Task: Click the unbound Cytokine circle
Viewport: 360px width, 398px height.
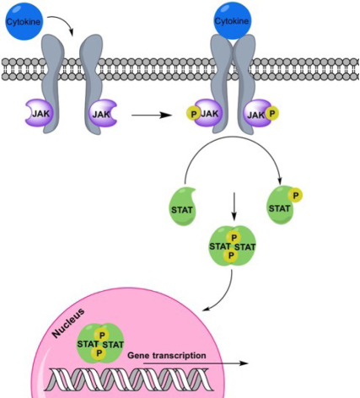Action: click(23, 21)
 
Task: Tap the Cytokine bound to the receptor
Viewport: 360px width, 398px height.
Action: click(232, 20)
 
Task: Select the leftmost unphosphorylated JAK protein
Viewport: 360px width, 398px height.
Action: click(39, 113)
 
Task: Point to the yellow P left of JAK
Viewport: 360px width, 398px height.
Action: click(194, 114)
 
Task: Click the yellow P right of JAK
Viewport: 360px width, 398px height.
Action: click(272, 114)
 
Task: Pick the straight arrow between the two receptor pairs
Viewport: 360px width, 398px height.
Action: click(152, 115)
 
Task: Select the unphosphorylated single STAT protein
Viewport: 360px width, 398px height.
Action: click(183, 207)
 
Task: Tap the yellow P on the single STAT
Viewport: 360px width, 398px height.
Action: click(296, 196)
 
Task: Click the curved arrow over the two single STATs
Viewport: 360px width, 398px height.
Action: click(233, 137)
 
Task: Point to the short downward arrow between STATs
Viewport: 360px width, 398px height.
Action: click(234, 206)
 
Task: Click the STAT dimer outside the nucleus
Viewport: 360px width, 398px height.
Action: click(233, 246)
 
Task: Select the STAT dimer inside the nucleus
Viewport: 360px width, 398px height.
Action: click(100, 344)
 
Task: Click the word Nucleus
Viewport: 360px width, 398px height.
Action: click(68, 323)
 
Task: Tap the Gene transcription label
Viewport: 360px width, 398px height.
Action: click(167, 355)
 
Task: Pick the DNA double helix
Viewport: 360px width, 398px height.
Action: click(129, 379)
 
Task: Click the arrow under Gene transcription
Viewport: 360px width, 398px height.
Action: click(196, 363)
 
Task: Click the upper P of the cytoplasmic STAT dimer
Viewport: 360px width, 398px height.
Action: click(234, 238)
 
